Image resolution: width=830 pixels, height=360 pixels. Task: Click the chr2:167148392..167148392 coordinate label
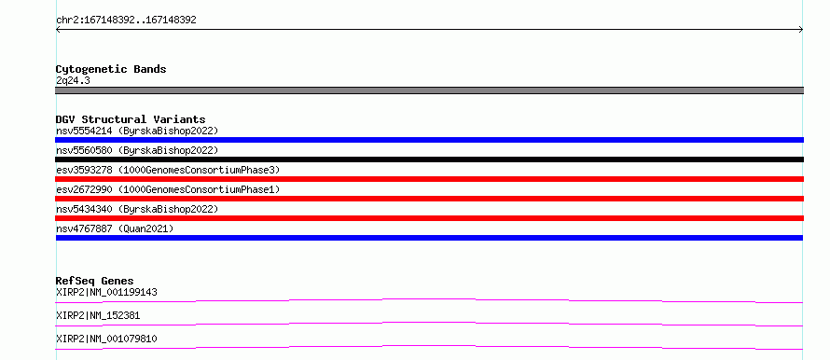(126, 21)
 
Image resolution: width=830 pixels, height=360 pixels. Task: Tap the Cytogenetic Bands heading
(111, 69)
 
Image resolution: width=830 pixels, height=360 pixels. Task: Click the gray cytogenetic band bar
(429, 90)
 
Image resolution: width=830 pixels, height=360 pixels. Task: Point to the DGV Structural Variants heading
(131, 119)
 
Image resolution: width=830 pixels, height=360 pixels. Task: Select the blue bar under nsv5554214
(429, 140)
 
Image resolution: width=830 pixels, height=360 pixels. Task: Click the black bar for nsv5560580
(429, 159)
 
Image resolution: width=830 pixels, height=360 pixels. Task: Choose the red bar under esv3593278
(429, 179)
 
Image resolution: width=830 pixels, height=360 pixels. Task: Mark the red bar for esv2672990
(429, 199)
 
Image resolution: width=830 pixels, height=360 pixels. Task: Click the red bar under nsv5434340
(429, 218)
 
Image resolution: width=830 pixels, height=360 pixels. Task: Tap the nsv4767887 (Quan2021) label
(115, 228)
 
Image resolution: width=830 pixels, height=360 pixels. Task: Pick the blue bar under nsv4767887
(429, 238)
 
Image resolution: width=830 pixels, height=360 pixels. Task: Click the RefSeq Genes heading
(95, 281)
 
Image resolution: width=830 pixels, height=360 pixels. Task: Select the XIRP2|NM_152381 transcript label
(98, 315)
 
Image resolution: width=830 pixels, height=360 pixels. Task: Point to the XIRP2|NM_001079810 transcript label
(106, 339)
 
